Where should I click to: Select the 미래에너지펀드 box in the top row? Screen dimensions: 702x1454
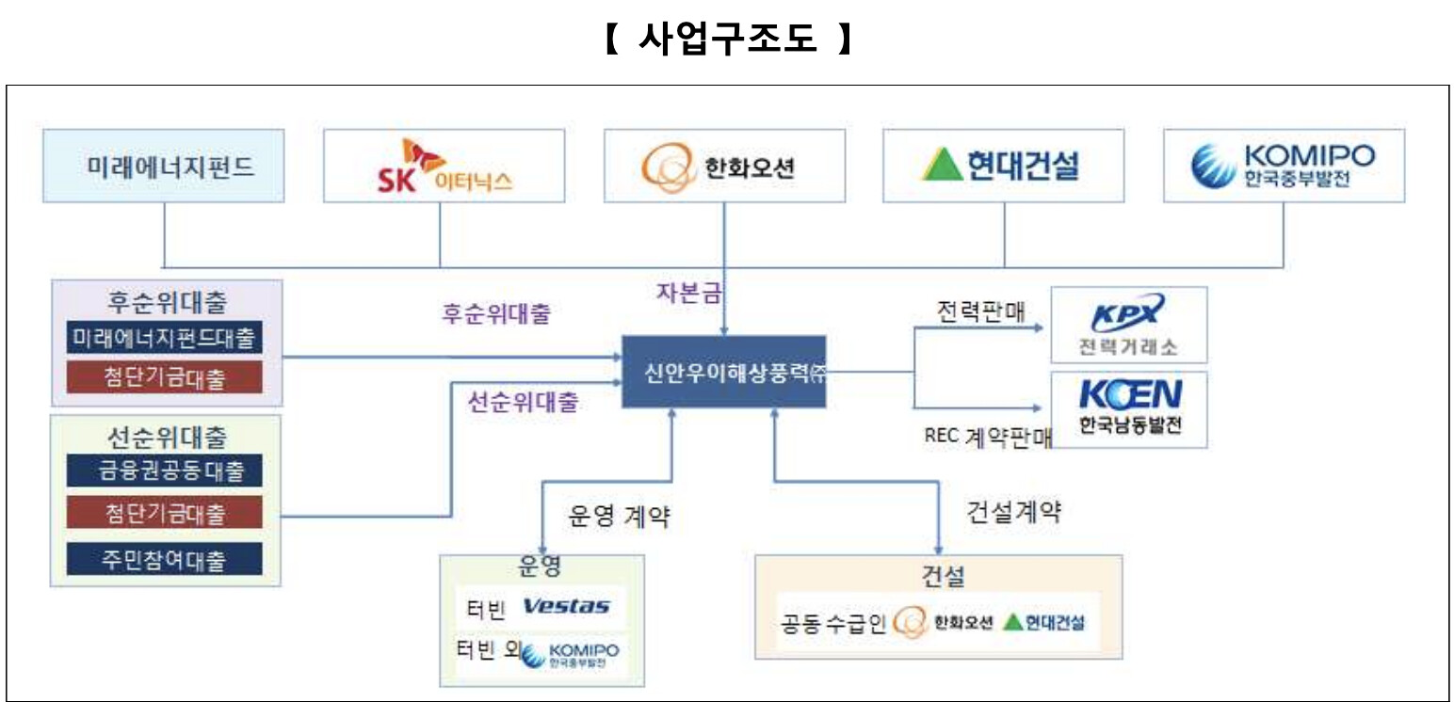coord(165,166)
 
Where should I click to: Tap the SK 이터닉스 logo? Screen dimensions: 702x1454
coord(444,166)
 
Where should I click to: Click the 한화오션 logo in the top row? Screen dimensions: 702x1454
coord(724,167)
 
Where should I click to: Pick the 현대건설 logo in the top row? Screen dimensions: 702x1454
coord(1003,166)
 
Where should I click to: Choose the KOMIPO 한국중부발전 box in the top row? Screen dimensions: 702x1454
coord(1284,166)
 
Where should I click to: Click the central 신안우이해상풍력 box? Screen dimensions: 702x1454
coord(723,372)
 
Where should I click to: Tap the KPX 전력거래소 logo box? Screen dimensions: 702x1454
coord(1128,326)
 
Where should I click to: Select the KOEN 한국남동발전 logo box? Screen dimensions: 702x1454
coord(1128,409)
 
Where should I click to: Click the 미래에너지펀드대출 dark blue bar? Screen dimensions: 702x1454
coord(165,338)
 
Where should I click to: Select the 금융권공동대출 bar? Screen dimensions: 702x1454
coord(165,470)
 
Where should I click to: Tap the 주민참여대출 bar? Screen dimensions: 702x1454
coord(165,559)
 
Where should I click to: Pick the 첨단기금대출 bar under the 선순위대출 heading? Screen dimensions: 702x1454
coord(165,514)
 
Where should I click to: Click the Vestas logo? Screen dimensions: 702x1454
coord(565,607)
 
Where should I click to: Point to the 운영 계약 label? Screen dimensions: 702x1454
coord(619,516)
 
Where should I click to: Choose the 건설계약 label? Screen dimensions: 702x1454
coord(1013,512)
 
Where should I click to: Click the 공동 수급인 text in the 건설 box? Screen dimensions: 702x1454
coord(833,623)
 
